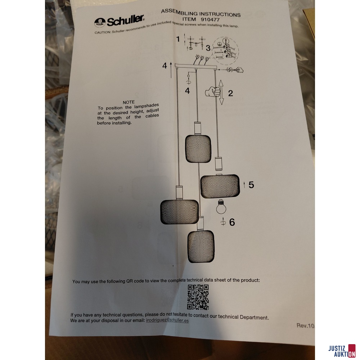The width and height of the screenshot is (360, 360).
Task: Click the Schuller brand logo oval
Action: pos(100,22)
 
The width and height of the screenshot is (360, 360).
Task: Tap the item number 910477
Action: pos(210,20)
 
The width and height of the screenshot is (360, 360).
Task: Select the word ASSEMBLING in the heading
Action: pos(179,12)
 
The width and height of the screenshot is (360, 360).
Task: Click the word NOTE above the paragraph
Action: pos(129,102)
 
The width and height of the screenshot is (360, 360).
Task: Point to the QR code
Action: pos(198,297)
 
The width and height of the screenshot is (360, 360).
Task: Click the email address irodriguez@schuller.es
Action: pos(167,320)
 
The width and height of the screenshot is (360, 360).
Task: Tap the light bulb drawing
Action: pos(221,206)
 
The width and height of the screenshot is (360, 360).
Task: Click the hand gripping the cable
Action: pos(213,91)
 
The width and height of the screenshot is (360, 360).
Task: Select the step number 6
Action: pos(232,222)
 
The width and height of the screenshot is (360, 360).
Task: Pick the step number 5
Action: pos(251,185)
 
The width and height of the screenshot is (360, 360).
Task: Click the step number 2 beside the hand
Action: pos(230,93)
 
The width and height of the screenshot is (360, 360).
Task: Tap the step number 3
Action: pos(208,48)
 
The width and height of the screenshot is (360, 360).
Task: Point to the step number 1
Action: pos(178,39)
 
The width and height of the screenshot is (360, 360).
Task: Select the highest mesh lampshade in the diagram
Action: pos(198,149)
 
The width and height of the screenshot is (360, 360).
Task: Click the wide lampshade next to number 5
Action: pos(220,186)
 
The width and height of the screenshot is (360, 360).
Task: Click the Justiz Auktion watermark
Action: pos(342,351)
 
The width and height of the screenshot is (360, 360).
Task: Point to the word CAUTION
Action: pos(102,32)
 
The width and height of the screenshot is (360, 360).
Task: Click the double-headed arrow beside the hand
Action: pos(221,92)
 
